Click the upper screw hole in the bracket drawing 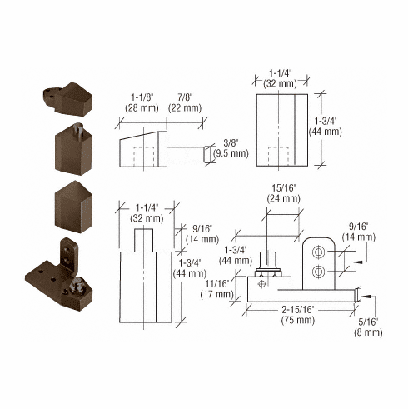coord(320,251)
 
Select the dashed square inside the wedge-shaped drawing coord(146,157)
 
